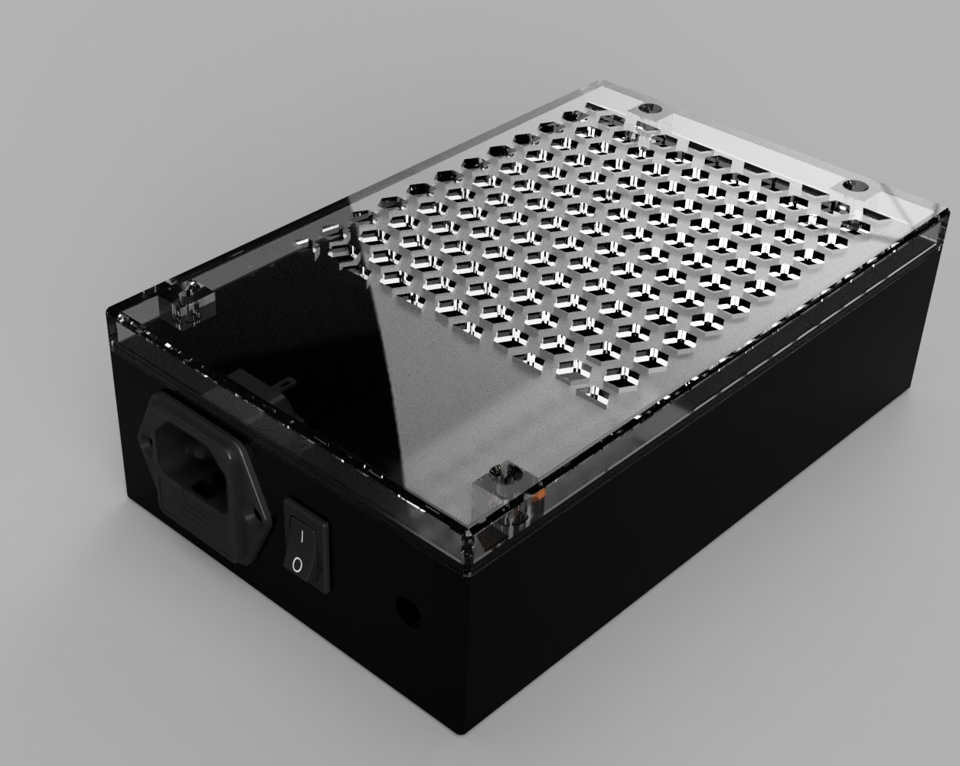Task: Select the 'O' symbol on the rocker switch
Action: tap(298, 566)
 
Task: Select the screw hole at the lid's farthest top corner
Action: tap(650, 109)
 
